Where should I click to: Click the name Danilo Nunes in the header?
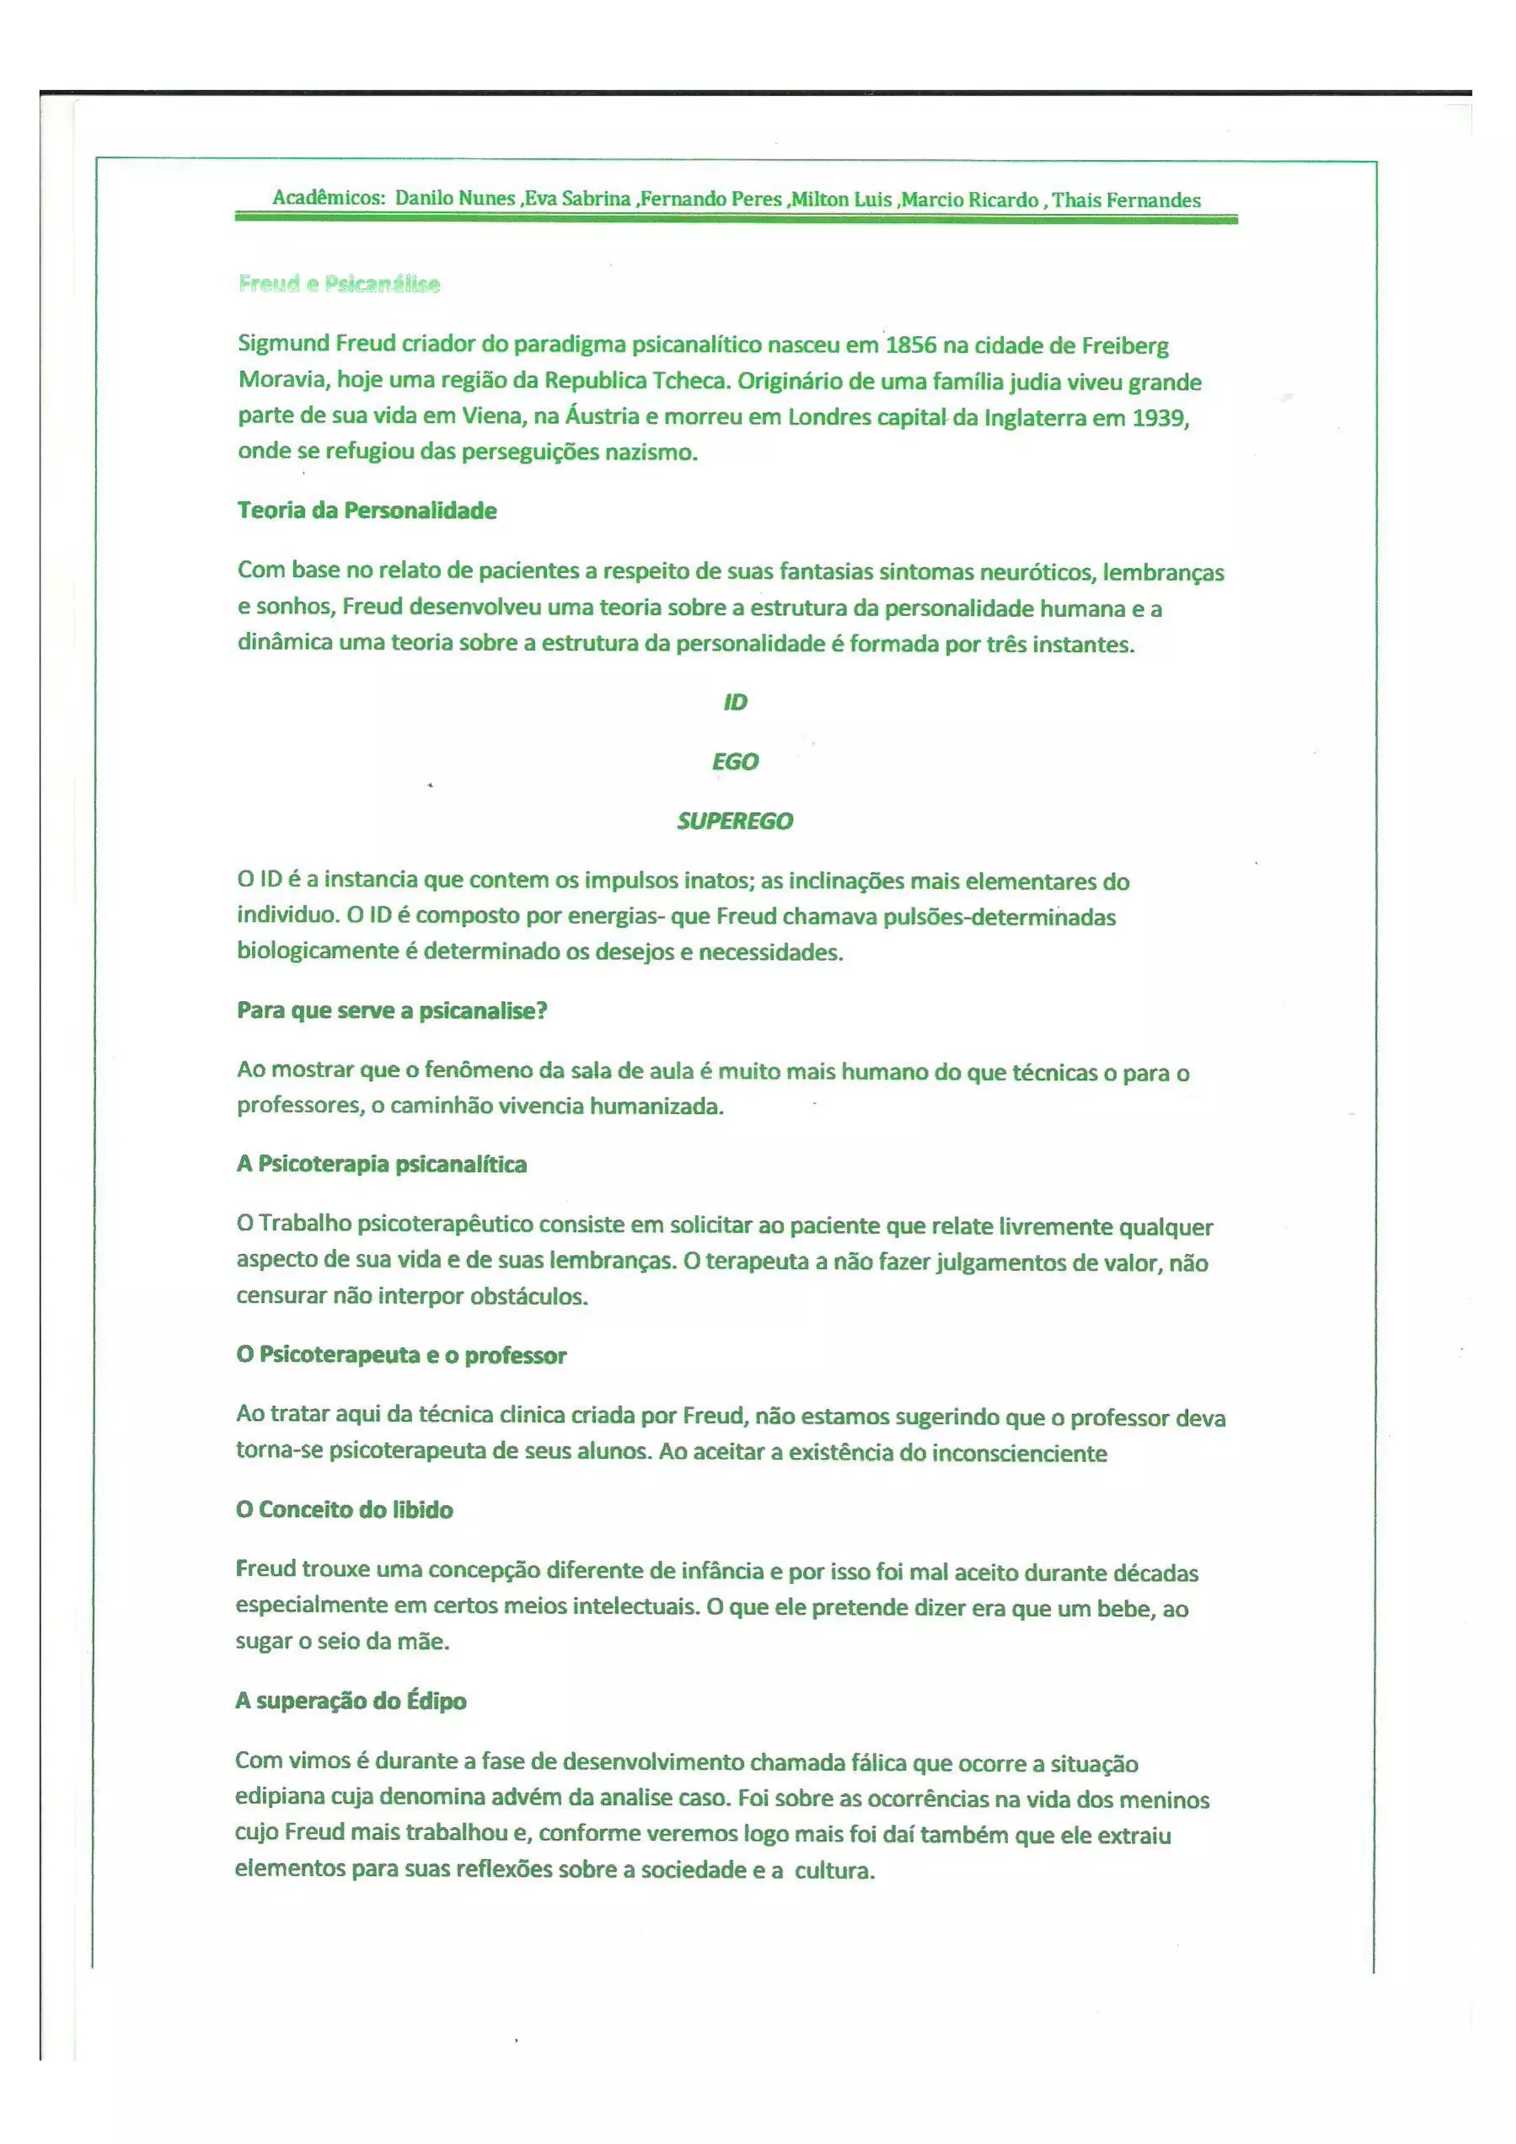[x=455, y=198]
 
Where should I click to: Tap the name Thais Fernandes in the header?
[x=1126, y=200]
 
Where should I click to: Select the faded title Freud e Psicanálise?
[x=339, y=284]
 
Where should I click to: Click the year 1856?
[x=910, y=346]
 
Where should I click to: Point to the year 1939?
[x=1158, y=418]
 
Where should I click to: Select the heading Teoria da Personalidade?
[x=367, y=511]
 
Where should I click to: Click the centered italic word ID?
[x=736, y=703]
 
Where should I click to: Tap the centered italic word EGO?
[x=736, y=762]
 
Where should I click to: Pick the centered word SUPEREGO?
[x=736, y=821]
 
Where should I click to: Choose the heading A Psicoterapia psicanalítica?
[x=382, y=1165]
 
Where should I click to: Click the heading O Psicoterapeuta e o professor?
[x=401, y=1355]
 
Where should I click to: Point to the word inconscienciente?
[x=1019, y=1453]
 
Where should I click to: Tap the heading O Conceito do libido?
[x=344, y=1510]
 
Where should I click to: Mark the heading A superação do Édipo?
[x=351, y=1701]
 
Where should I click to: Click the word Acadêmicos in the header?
[x=329, y=198]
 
